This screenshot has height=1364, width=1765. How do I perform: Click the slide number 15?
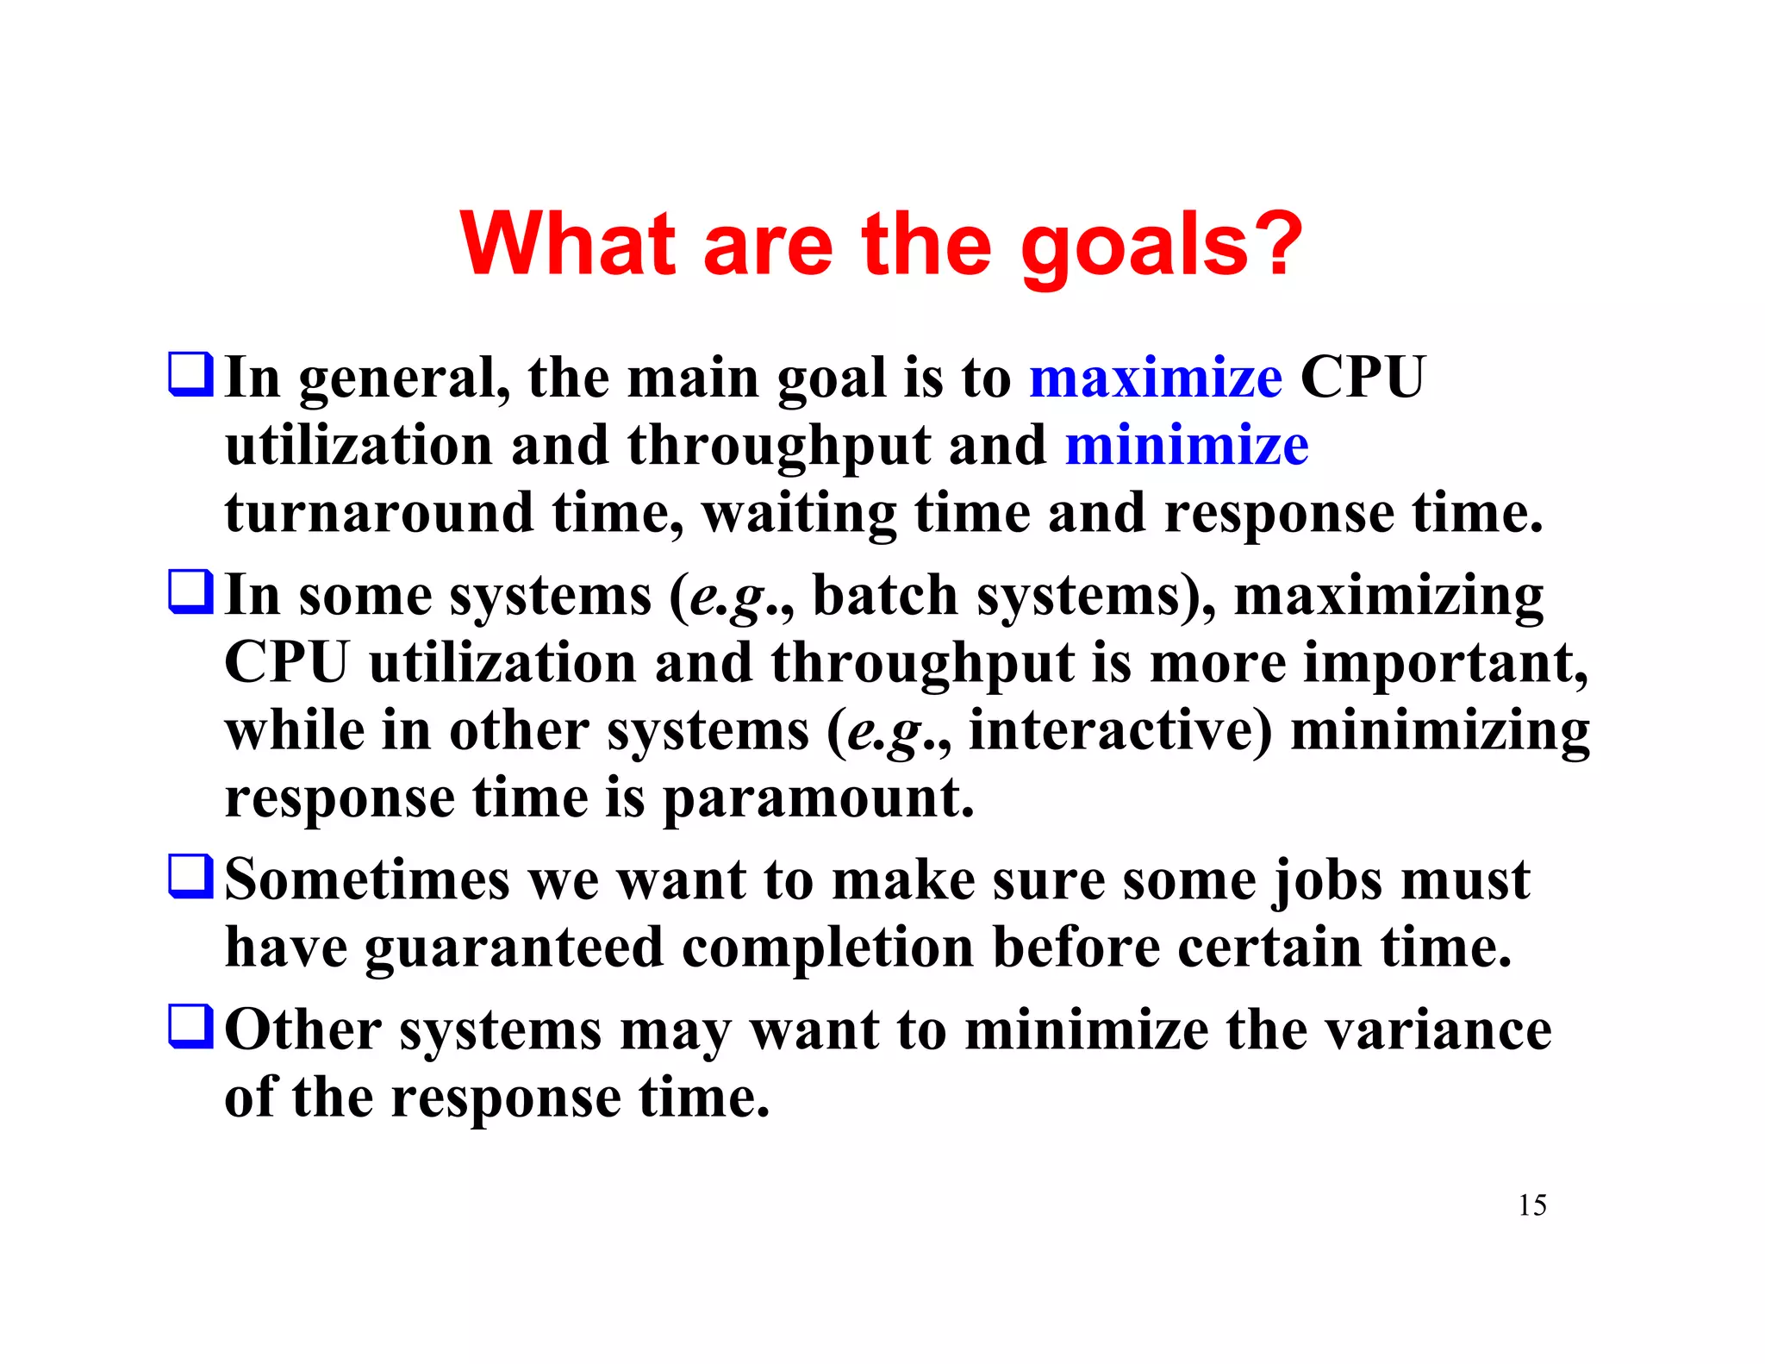point(1531,1204)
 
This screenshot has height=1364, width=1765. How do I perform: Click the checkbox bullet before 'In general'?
point(190,374)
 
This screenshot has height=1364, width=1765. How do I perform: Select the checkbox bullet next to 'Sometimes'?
point(190,877)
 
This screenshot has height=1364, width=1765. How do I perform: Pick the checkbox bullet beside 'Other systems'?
point(190,1026)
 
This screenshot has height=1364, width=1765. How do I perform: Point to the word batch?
point(885,596)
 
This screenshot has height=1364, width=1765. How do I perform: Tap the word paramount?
point(819,798)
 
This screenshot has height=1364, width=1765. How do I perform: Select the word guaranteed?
point(514,948)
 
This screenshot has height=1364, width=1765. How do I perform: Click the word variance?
point(1438,1030)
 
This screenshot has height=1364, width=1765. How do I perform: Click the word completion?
point(827,948)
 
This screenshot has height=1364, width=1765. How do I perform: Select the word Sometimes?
point(367,880)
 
